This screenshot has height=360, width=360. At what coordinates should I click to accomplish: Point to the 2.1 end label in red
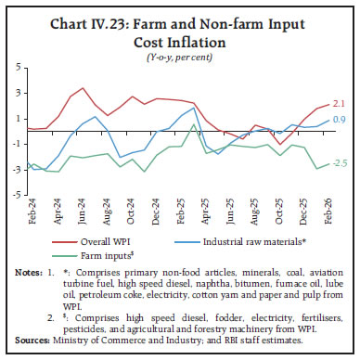(x=341, y=104)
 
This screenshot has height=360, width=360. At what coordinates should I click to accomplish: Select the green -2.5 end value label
(x=341, y=163)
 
